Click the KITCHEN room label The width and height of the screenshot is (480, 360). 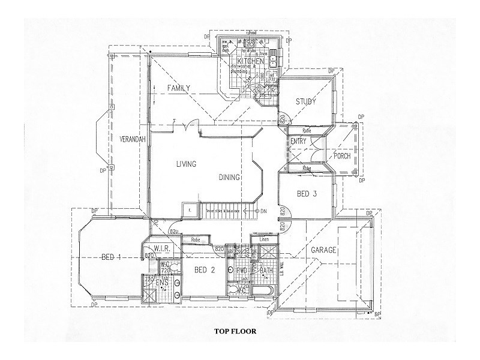coord(251,62)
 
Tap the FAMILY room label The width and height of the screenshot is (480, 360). coord(179,88)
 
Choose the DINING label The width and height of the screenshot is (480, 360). coord(230,177)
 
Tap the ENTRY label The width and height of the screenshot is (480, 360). coord(298,141)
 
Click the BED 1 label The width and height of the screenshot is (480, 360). coord(111,257)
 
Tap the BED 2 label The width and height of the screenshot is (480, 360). coord(205,271)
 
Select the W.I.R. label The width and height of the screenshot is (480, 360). coord(164,248)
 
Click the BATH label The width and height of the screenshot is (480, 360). coord(266,271)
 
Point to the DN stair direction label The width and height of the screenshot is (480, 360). coord(264,211)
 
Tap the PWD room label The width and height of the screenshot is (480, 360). coord(242,271)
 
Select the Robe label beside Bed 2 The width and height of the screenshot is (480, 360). coord(195,239)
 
